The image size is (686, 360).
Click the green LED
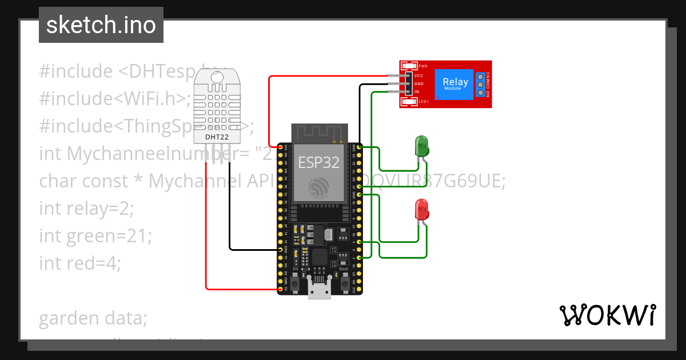(422, 146)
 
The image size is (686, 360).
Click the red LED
(422, 209)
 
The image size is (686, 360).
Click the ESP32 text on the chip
(319, 162)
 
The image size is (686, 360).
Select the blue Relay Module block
(455, 84)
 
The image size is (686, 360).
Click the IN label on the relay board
(417, 91)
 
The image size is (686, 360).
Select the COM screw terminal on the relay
(481, 84)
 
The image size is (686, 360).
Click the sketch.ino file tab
(101, 25)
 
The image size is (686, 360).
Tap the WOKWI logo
(607, 315)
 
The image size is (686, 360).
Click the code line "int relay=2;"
(86, 208)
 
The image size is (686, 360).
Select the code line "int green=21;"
(95, 235)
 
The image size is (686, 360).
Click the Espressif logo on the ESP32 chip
(319, 187)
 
